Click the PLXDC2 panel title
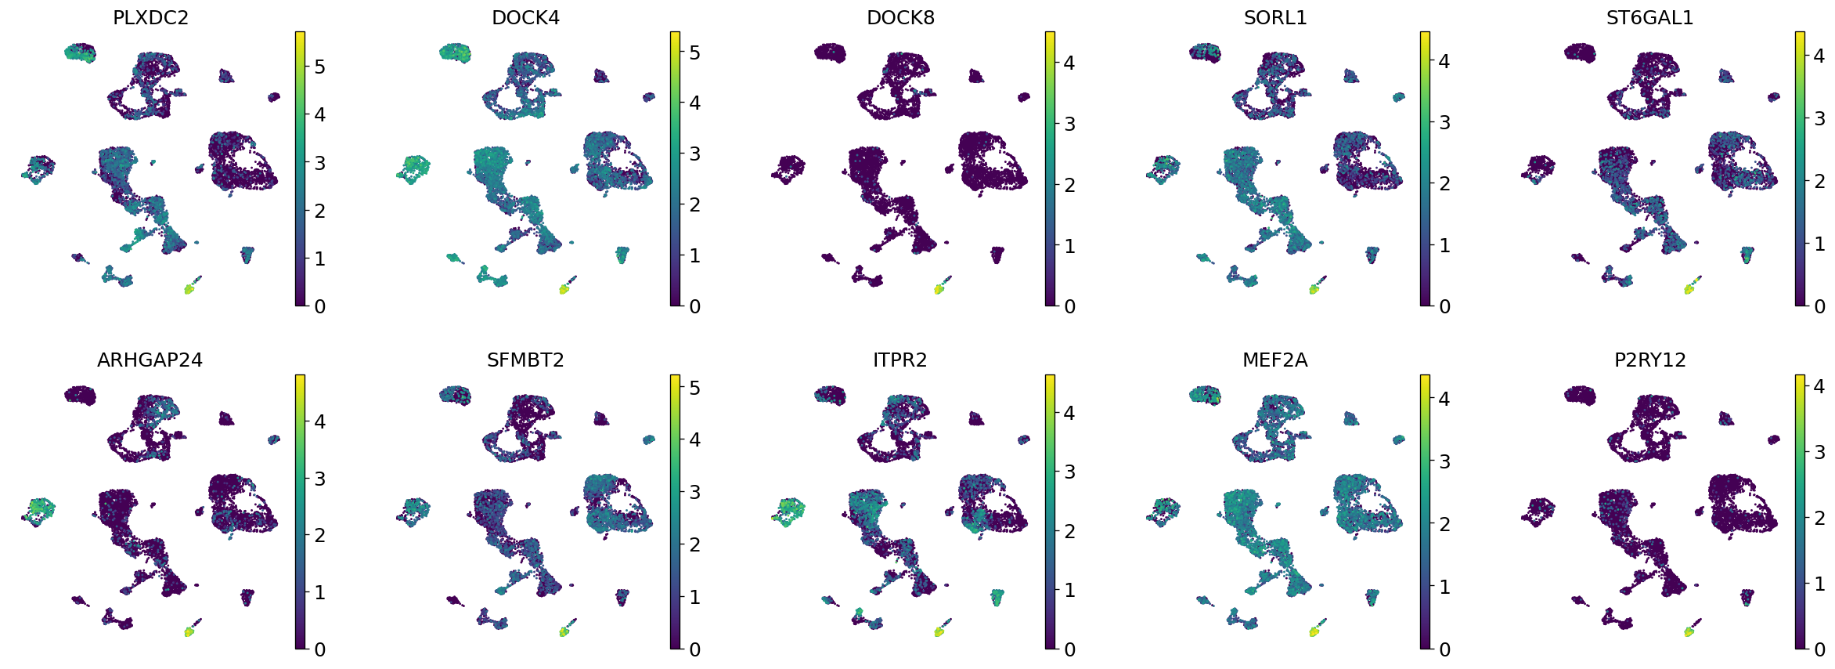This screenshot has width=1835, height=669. pyautogui.click(x=150, y=18)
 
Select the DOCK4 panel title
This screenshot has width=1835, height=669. pyautogui.click(x=525, y=18)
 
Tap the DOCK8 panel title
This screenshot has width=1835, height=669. pyautogui.click(x=900, y=18)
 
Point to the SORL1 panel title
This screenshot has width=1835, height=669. pyautogui.click(x=1275, y=18)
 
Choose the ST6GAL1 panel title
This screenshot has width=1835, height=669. pyautogui.click(x=1649, y=18)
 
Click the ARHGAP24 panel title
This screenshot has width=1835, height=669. pyautogui.click(x=150, y=360)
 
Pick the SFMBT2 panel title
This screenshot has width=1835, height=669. pyautogui.click(x=525, y=360)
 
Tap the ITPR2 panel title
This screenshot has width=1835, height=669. pyautogui.click(x=900, y=360)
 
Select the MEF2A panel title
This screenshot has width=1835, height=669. pyautogui.click(x=1275, y=360)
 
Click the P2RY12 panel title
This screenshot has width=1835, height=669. pyautogui.click(x=1649, y=360)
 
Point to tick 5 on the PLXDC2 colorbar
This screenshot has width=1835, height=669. pyautogui.click(x=319, y=67)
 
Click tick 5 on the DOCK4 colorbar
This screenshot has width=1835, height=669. pyautogui.click(x=694, y=52)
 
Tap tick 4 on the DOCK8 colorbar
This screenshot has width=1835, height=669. pyautogui.click(x=1069, y=63)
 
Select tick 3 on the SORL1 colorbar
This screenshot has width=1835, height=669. pyautogui.click(x=1444, y=122)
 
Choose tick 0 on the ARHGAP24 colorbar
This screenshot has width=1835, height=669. pyautogui.click(x=319, y=649)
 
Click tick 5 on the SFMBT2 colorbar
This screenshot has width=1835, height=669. pyautogui.click(x=694, y=388)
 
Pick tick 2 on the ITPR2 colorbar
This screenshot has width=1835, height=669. pyautogui.click(x=1069, y=531)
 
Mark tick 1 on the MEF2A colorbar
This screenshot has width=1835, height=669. pyautogui.click(x=1444, y=586)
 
